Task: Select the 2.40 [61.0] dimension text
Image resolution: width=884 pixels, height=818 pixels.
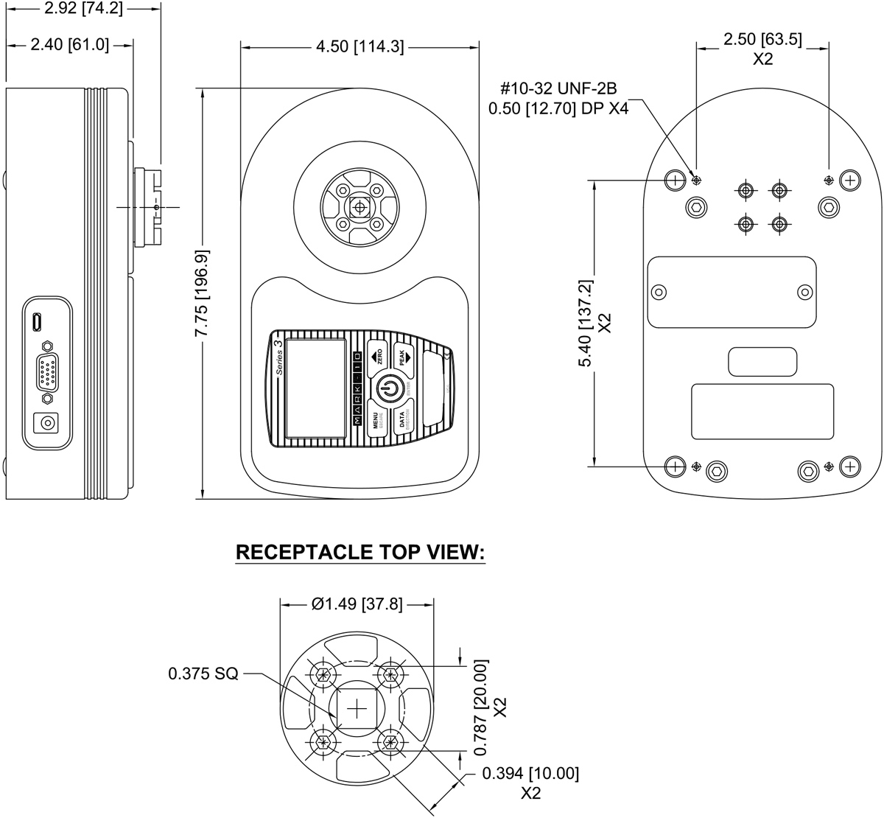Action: pos(69,45)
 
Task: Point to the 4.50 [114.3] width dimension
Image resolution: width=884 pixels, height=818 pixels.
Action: pos(359,46)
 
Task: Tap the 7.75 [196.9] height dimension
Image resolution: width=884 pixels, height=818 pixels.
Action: pos(201,293)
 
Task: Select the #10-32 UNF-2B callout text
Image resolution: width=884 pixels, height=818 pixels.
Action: pos(558,89)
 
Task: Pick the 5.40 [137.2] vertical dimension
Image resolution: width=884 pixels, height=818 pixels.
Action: pos(586,324)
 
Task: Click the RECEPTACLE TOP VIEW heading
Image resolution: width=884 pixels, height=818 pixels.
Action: pos(360,553)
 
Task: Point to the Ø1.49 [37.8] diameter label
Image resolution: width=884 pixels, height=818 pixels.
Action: pos(357,604)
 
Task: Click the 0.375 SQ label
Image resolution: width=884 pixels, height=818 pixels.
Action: pos(203,674)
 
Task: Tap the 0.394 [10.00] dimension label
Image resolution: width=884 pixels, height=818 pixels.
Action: pos(530,774)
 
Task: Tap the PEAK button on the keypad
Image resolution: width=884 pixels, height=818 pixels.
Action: pos(402,357)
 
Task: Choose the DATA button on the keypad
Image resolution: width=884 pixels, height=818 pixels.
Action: pos(403,420)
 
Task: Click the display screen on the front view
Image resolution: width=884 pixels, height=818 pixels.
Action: pos(315,388)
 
